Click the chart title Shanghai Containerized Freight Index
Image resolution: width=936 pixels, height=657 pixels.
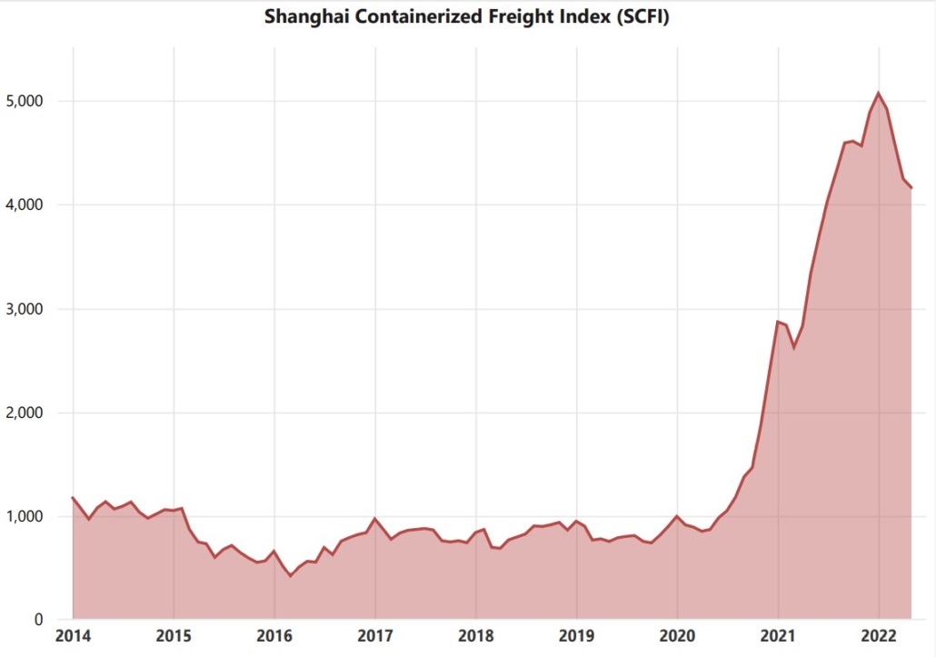(466, 16)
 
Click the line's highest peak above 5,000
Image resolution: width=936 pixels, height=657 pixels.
(878, 93)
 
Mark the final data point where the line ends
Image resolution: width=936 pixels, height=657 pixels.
(911, 187)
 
